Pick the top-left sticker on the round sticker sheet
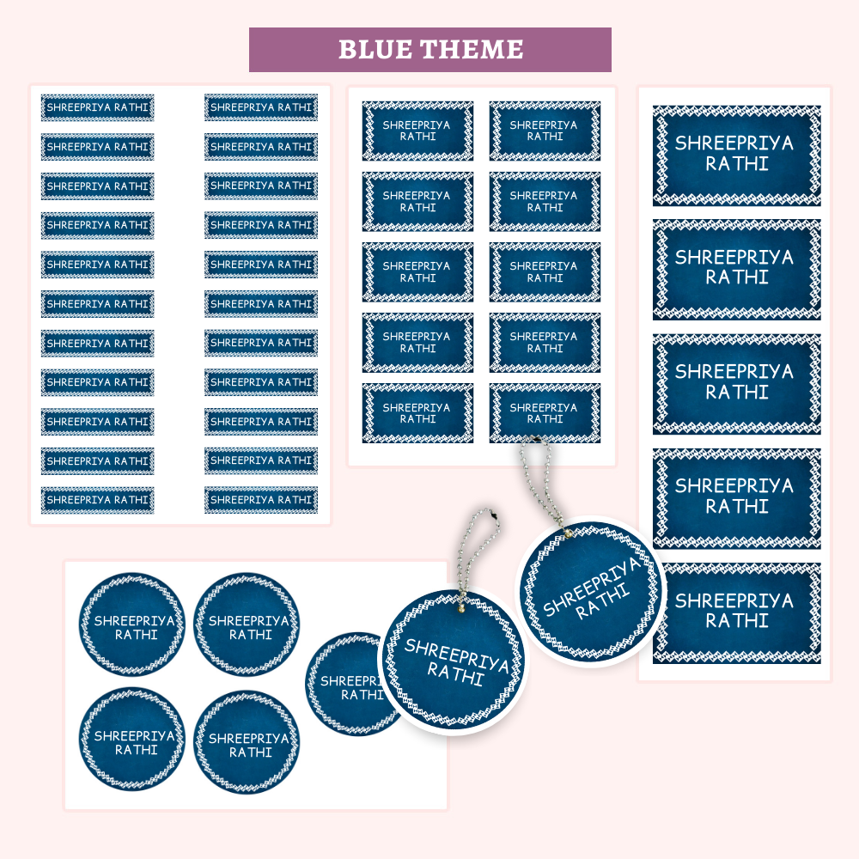pyautogui.click(x=133, y=625)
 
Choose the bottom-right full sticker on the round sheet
pyautogui.click(x=247, y=743)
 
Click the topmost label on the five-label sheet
pyautogui.click(x=736, y=155)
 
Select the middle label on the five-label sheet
pyautogui.click(x=736, y=383)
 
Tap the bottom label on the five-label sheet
pyautogui.click(x=736, y=612)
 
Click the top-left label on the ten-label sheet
pyautogui.click(x=417, y=131)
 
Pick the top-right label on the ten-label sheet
pyautogui.click(x=545, y=131)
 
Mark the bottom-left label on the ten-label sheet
pyautogui.click(x=417, y=413)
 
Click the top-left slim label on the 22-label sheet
pyautogui.click(x=98, y=107)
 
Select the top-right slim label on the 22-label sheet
pyautogui.click(x=261, y=107)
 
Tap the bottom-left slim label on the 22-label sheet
pyautogui.click(x=98, y=500)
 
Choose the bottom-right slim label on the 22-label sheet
pyautogui.click(x=261, y=500)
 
